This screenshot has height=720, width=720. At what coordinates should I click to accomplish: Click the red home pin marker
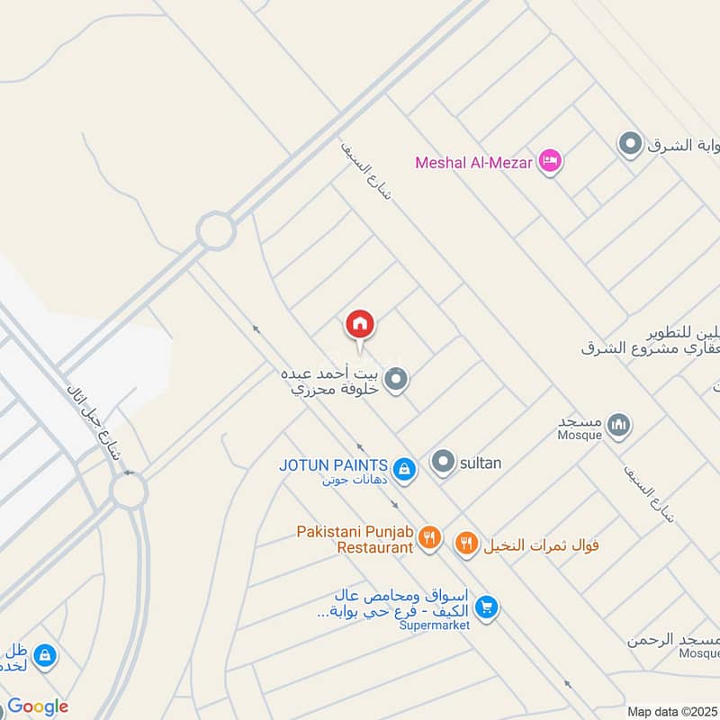(360, 325)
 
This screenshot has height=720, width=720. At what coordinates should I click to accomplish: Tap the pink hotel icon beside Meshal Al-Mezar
(550, 162)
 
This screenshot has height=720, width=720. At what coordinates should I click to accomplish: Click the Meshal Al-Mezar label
(473, 163)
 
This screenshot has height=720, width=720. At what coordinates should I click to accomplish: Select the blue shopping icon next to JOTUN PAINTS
(405, 467)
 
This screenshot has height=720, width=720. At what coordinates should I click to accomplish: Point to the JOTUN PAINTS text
(333, 465)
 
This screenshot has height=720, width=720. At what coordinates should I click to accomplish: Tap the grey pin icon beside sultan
(442, 463)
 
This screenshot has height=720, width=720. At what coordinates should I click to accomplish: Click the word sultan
(480, 463)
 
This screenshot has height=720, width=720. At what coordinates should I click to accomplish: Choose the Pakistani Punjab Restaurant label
(355, 539)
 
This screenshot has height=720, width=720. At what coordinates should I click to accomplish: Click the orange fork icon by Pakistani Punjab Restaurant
(430, 538)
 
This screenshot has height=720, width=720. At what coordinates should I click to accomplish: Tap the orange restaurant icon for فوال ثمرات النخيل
(465, 543)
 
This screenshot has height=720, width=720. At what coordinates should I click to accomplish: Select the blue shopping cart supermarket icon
(486, 608)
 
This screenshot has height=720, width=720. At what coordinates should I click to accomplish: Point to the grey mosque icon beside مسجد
(618, 425)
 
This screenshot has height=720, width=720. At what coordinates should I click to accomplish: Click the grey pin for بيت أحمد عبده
(395, 381)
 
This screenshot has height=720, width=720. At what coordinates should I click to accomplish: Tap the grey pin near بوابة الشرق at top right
(630, 144)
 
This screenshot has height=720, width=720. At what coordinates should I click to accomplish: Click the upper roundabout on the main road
(216, 231)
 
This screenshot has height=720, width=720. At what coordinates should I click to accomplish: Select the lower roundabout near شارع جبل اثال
(129, 491)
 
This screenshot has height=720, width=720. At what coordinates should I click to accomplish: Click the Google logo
(38, 707)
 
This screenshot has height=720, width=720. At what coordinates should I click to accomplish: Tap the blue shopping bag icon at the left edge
(45, 656)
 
